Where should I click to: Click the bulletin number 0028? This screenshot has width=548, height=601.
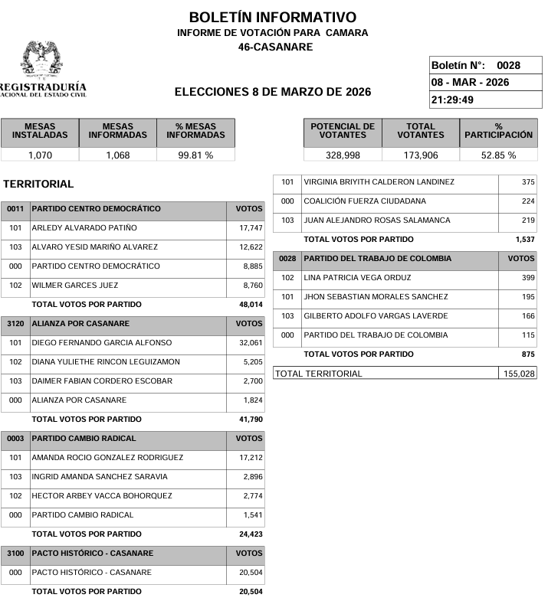tap(508, 66)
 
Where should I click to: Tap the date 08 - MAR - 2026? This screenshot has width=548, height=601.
tap(471, 83)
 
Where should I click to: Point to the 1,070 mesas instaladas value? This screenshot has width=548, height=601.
tap(40, 155)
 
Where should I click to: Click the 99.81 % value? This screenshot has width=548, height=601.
tap(195, 155)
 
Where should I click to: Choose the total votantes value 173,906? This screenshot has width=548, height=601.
tap(421, 155)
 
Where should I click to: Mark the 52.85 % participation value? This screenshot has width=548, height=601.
tap(498, 155)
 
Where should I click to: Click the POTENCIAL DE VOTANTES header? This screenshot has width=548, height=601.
tap(343, 131)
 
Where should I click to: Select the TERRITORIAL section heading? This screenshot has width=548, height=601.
tap(38, 185)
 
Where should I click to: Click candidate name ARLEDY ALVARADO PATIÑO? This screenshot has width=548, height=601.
tap(84, 228)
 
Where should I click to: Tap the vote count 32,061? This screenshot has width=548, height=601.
tap(251, 343)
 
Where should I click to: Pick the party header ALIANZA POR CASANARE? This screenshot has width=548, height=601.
tap(80, 324)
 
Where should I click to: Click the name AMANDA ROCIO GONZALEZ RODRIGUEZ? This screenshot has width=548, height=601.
tap(107, 458)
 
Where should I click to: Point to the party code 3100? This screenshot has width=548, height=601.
tap(15, 554)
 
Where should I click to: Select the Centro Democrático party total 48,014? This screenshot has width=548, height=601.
tap(251, 305)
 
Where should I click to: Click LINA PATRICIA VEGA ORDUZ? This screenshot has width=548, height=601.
tap(357, 278)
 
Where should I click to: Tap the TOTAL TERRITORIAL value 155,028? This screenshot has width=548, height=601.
tap(520, 374)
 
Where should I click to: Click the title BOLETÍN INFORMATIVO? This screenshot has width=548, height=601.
tap(272, 18)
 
